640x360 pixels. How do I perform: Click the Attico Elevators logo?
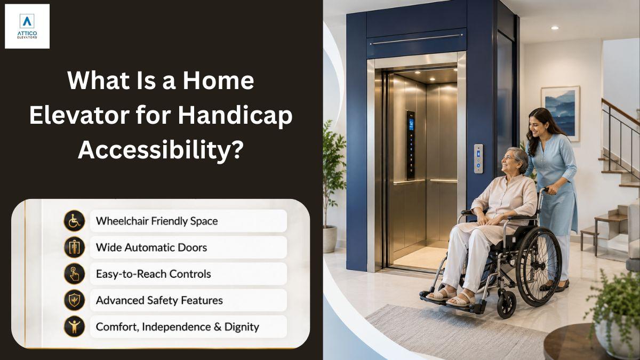pos(27,26)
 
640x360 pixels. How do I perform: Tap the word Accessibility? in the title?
pos(161,150)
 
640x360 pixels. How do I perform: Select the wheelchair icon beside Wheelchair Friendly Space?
pos(74,221)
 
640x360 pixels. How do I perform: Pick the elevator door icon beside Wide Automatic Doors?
pos(74,247)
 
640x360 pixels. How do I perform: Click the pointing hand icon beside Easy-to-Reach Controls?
pos(74,274)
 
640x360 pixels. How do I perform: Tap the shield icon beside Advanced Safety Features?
pos(74,300)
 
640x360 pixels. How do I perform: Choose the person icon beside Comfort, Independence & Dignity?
pos(74,326)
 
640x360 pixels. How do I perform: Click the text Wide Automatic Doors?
pos(151,247)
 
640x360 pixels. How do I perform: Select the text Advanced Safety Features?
pos(159,300)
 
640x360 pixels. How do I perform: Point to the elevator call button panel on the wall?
pos(478,158)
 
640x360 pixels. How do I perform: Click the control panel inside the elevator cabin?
pos(411,146)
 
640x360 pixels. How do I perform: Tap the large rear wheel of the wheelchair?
pos(539,267)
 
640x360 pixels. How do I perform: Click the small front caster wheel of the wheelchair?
pos(506,305)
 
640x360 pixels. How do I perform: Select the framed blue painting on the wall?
pos(561,114)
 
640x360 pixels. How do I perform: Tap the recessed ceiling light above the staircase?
pos(555,28)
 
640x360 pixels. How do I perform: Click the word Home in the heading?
pos(218,81)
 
